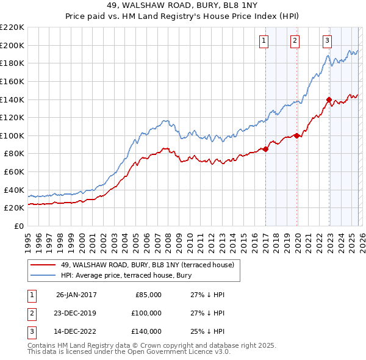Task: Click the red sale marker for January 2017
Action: click(x=266, y=149)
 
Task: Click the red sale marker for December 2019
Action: click(x=297, y=135)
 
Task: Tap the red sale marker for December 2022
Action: click(x=329, y=99)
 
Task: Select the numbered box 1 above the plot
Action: click(x=264, y=41)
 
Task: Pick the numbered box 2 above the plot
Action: click(x=295, y=41)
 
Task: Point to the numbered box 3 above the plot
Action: click(x=327, y=41)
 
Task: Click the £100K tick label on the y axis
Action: click(x=12, y=135)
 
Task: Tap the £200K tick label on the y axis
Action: click(x=12, y=45)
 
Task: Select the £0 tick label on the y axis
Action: click(x=18, y=226)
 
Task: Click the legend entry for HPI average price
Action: click(x=126, y=275)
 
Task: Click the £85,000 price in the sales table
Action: click(x=148, y=295)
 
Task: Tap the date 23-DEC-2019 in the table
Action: click(x=76, y=313)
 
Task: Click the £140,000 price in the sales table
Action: click(x=146, y=331)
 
